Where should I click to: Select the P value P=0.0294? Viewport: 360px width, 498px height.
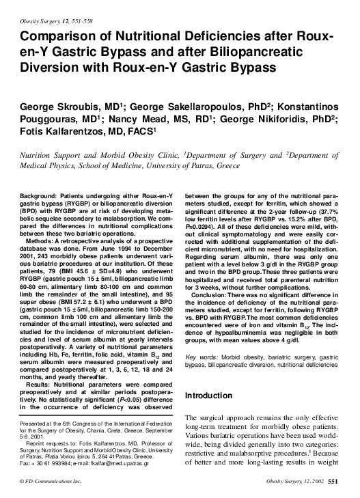[202, 226]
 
